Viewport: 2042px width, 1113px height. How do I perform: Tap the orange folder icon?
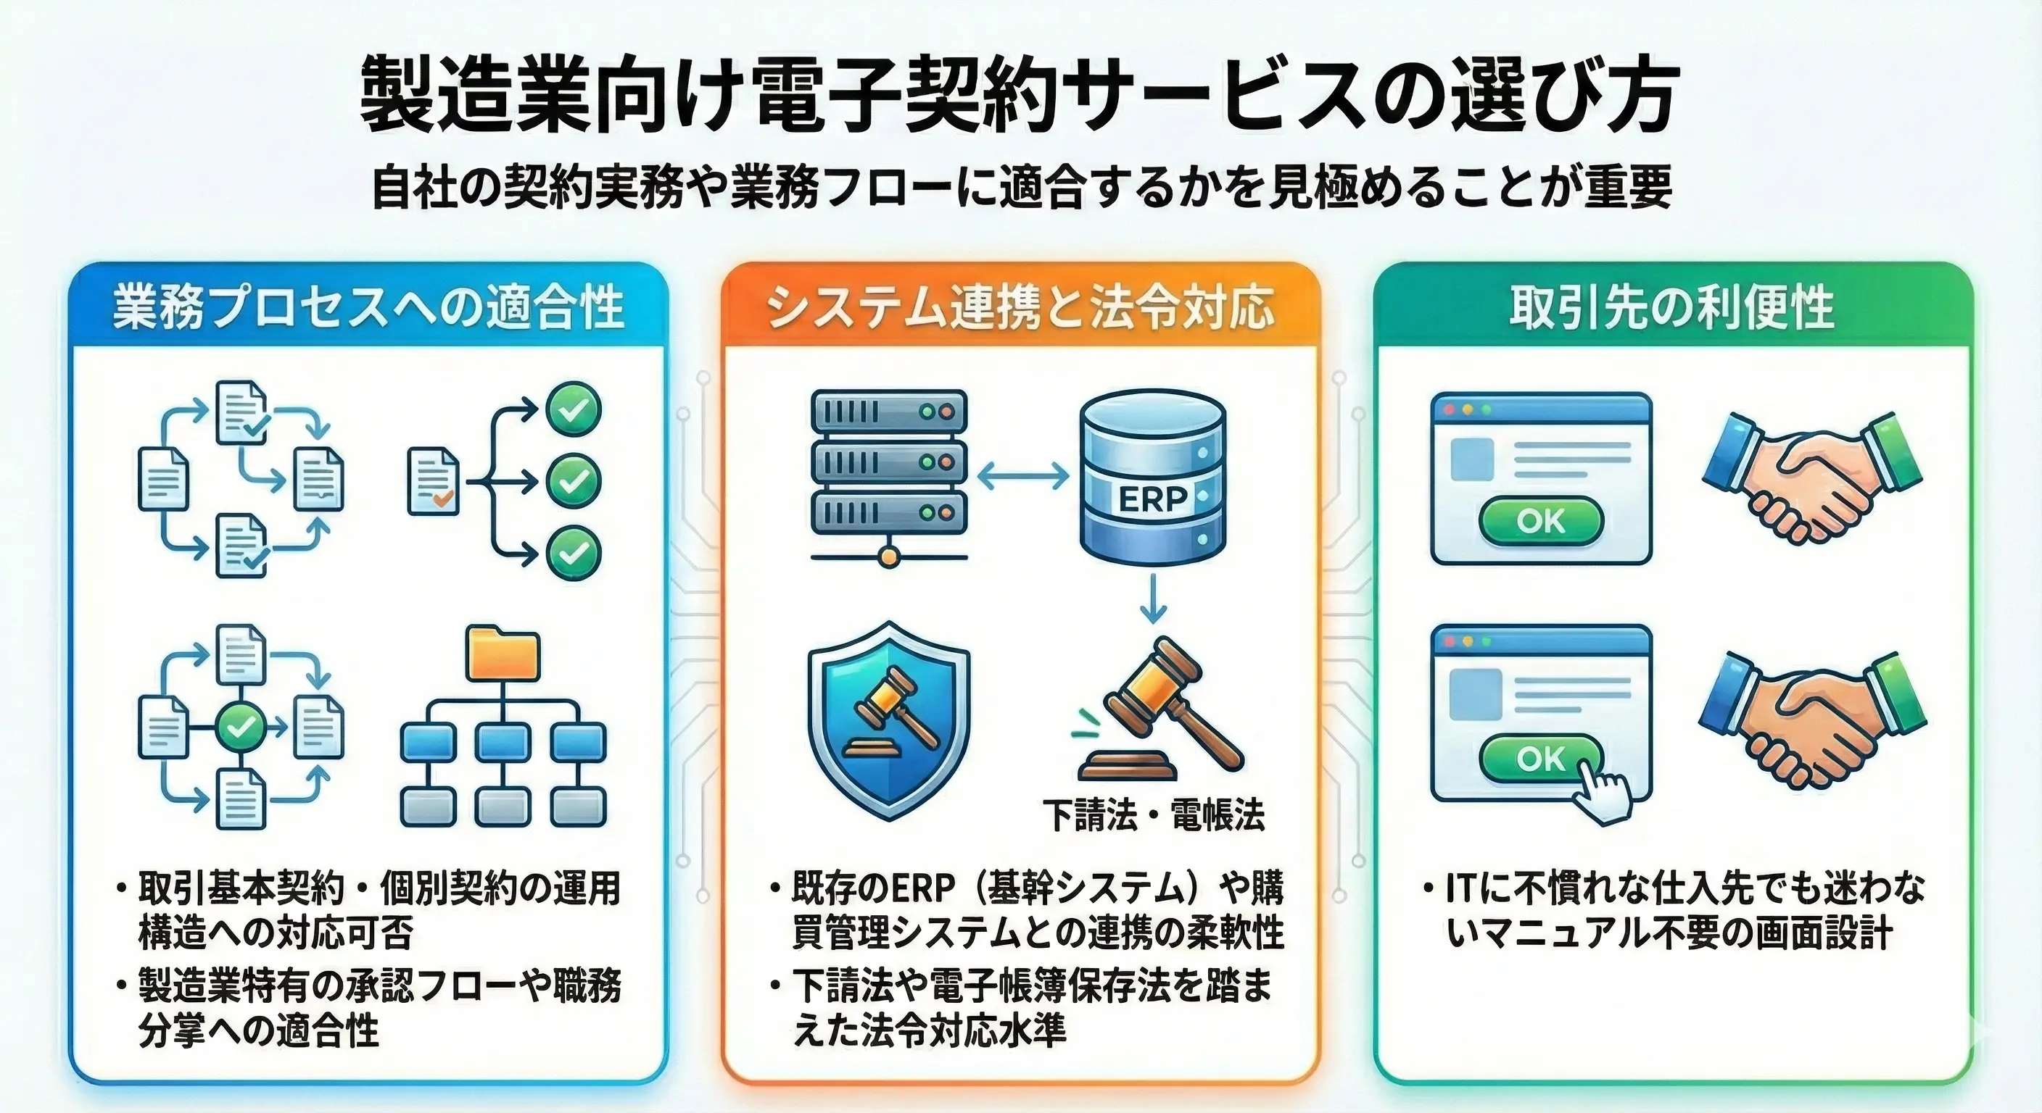click(503, 654)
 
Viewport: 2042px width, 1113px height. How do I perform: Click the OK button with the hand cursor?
click(1540, 758)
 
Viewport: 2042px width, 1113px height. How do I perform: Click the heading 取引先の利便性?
click(1671, 307)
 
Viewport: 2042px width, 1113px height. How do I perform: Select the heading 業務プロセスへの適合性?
click(368, 307)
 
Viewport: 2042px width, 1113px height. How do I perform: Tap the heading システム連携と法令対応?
click(1020, 307)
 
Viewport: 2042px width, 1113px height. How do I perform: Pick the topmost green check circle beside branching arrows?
click(573, 409)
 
